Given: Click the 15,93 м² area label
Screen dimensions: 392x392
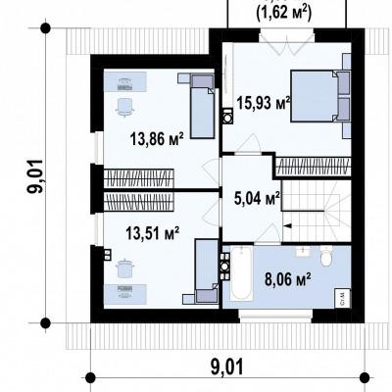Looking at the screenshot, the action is click(264, 103).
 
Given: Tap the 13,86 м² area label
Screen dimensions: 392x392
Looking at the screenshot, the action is click(157, 138).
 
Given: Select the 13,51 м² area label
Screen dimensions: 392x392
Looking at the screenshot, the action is click(153, 233).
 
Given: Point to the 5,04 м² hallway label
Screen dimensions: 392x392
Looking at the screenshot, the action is click(257, 198).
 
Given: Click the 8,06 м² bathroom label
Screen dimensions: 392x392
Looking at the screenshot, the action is click(287, 280).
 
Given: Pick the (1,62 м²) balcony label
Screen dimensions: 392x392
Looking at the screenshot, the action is click(283, 13).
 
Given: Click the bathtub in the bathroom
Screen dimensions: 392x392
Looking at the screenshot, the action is click(241, 273).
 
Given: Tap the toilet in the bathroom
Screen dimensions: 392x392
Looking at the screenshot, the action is click(326, 256).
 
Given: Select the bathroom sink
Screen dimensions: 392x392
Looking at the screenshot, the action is click(303, 252).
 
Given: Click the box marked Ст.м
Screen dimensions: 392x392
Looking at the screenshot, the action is click(343, 298).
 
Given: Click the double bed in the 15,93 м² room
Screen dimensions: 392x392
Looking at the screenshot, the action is click(320, 96).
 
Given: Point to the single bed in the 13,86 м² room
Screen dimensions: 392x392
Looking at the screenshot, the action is click(203, 106).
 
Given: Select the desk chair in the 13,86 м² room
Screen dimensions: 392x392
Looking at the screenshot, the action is click(124, 106).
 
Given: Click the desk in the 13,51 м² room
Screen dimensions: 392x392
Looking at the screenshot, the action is click(125, 294).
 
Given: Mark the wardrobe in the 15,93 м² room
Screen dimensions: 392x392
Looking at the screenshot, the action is click(314, 167).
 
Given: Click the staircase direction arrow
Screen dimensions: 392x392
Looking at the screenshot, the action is click(287, 225).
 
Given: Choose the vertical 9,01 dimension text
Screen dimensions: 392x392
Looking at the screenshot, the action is click(36, 176).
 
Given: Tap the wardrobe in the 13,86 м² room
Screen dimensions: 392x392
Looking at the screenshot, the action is click(139, 178).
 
